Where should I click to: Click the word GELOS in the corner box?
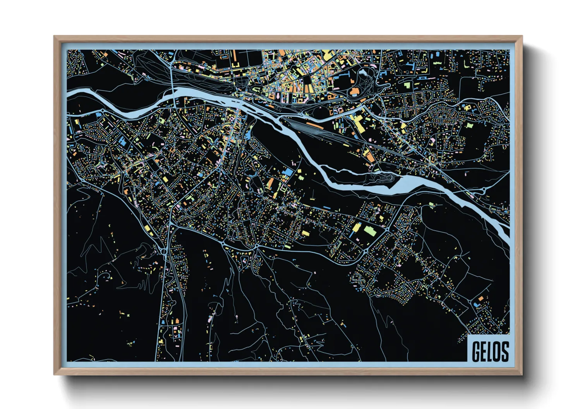(x=490, y=351)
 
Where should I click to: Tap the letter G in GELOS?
(x=476, y=352)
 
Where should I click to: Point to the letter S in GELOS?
(x=504, y=352)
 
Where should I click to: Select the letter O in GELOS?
(x=497, y=352)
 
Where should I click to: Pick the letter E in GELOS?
(x=483, y=352)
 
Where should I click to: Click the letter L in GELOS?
(x=490, y=352)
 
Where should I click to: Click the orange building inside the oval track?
(x=355, y=92)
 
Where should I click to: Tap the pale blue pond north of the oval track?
(x=363, y=71)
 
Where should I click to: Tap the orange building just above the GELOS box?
(x=480, y=299)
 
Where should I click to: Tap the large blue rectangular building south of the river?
(x=289, y=172)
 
